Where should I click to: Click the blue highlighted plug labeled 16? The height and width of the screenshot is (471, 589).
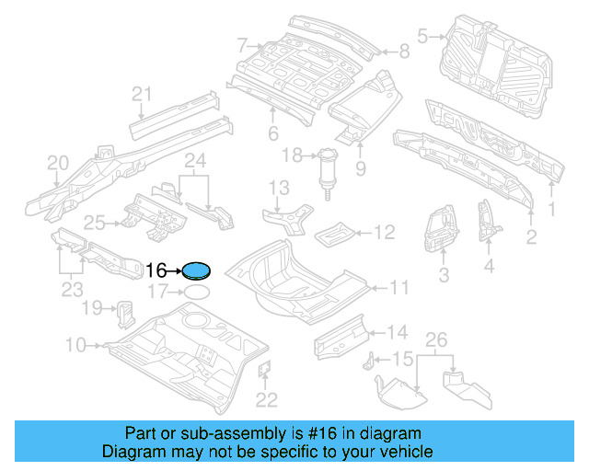click(x=197, y=270)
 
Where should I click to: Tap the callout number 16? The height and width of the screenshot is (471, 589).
click(x=156, y=270)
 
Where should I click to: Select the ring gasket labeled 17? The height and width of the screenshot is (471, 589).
click(x=196, y=292)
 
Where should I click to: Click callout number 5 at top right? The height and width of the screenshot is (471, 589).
click(x=422, y=37)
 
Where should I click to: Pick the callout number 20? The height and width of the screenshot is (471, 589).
click(x=58, y=164)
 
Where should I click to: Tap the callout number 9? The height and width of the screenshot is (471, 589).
click(x=360, y=168)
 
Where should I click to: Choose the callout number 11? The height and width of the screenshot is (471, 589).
click(x=398, y=288)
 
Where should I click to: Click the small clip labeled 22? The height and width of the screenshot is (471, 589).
click(x=262, y=370)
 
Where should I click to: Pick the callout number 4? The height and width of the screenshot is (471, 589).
click(x=489, y=268)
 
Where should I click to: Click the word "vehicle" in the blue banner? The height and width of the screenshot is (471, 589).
click(x=406, y=452)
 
